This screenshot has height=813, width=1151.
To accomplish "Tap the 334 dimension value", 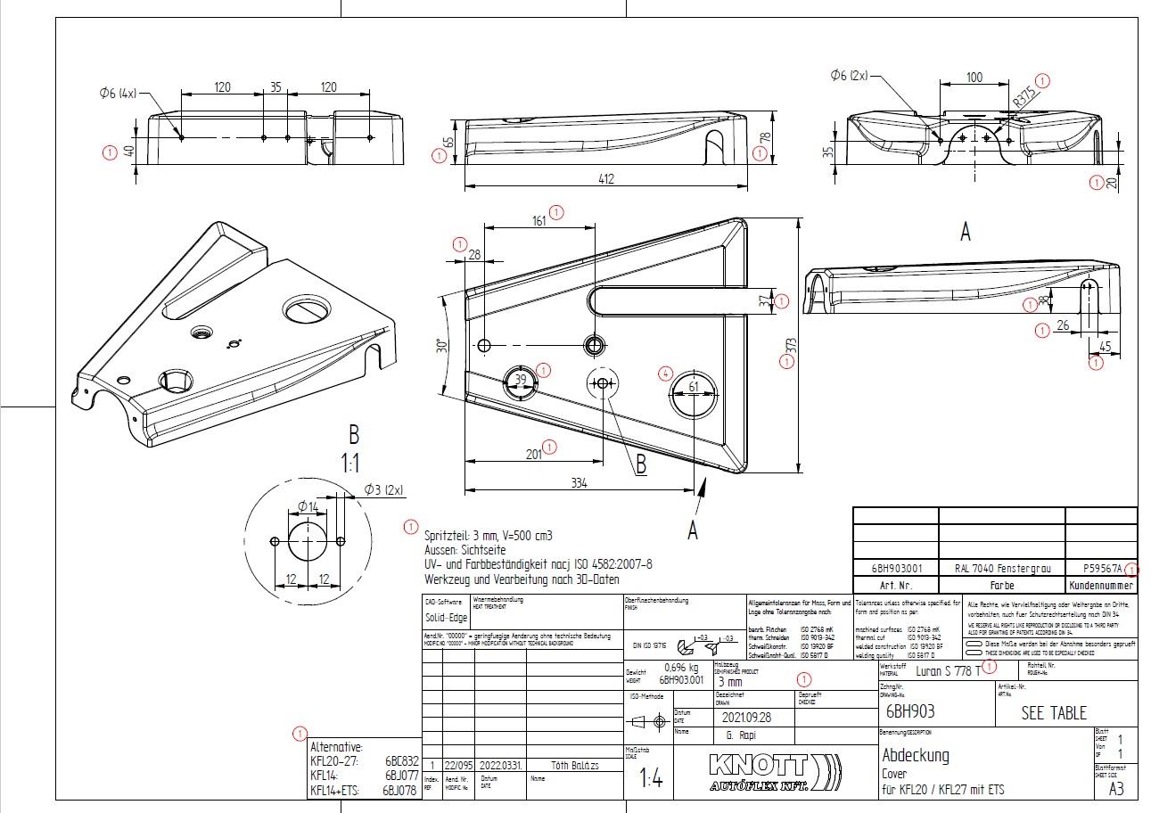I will [579, 483].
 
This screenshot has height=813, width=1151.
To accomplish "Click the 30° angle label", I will [440, 346].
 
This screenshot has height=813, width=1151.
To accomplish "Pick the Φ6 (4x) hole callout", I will [118, 91].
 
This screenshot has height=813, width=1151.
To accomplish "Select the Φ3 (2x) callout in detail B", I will [383, 489].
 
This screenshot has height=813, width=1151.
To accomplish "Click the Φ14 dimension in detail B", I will [308, 506].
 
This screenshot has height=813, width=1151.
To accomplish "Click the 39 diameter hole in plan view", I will [522, 380].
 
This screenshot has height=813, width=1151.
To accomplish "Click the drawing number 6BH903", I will [910, 711].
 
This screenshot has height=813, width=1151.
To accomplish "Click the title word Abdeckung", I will [915, 755].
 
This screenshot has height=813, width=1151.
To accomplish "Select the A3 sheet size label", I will [1116, 789].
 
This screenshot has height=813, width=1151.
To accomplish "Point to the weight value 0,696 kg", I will [681, 667].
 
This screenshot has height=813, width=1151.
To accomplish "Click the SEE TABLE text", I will [1054, 713].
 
